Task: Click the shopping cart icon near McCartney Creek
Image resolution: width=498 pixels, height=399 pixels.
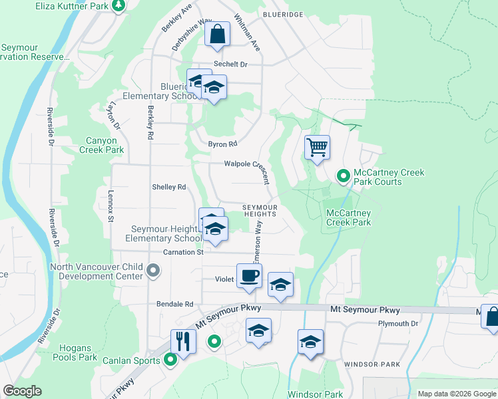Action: click(x=318, y=146)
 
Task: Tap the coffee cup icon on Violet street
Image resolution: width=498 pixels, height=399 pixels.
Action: click(x=249, y=275)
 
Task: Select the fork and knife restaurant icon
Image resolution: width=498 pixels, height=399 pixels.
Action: click(x=182, y=341)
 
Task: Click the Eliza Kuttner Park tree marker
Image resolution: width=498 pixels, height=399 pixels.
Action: click(x=119, y=6)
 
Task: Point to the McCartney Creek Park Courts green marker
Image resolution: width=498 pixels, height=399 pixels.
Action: click(x=344, y=176)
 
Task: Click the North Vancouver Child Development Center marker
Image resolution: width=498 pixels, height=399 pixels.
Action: click(x=153, y=271)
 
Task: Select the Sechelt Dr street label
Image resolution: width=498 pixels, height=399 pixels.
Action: click(x=230, y=65)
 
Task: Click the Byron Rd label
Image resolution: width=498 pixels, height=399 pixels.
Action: click(x=222, y=144)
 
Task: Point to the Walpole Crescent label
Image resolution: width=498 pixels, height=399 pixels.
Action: click(x=246, y=166)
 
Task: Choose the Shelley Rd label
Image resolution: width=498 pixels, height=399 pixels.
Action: click(x=169, y=188)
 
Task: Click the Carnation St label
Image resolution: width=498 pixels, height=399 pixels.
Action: click(x=183, y=253)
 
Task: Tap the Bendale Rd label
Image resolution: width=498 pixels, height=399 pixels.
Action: click(x=174, y=304)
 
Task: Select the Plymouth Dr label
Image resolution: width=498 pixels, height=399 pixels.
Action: click(x=397, y=324)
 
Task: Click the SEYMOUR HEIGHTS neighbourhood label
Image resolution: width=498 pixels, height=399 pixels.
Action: click(x=259, y=210)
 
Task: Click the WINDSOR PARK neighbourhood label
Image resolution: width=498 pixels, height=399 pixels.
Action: click(x=372, y=364)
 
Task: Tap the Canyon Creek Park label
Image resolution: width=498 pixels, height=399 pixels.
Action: click(x=105, y=145)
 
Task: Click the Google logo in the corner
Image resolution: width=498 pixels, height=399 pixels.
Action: click(x=22, y=391)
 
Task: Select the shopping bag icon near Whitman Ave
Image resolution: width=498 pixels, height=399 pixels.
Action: click(x=218, y=35)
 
